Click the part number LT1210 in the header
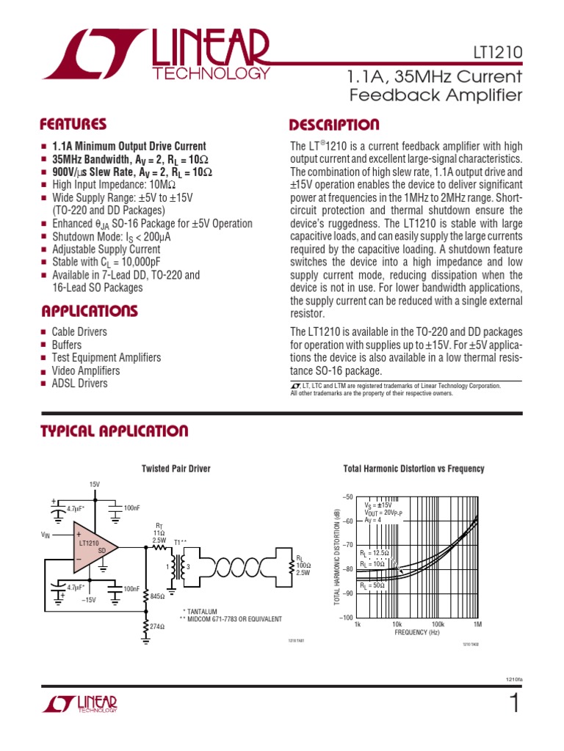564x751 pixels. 497,53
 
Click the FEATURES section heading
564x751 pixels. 73,125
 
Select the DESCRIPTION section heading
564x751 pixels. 335,125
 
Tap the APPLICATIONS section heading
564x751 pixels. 89,311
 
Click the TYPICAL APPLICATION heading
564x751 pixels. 114,431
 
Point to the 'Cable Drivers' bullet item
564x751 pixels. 79,332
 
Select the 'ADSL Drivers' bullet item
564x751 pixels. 79,384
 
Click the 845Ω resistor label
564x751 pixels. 157,597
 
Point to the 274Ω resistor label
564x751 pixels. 157,627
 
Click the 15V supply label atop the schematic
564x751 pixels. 95,485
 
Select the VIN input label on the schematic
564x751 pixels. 47,536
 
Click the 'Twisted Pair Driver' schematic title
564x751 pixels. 176,469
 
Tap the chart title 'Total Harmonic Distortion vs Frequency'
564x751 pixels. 413,469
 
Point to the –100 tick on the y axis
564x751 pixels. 347,618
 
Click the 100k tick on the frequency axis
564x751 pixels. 438,624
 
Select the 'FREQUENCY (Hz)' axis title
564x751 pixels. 416,631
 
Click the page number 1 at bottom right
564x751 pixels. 514,705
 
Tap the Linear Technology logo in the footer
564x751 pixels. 80,705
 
